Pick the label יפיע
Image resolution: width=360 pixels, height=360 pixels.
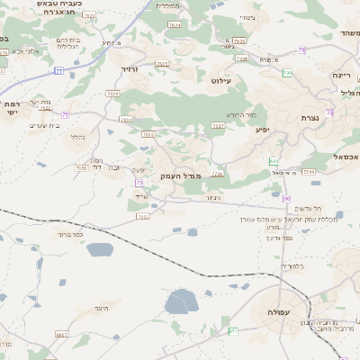[x=262, y=130]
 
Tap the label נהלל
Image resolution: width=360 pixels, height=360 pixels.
[x=77, y=138]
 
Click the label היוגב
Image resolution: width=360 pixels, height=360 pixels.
[x=99, y=308]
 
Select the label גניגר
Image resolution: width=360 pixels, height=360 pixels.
[x=212, y=197]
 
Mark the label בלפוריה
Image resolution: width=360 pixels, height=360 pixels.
[x=292, y=266]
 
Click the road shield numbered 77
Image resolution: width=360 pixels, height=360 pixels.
[x=59, y=69]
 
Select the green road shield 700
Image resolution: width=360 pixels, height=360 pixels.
[x=287, y=72]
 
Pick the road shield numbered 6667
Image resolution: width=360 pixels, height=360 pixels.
[x=62, y=335]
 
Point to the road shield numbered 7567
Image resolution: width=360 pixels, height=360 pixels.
[x=218, y=126]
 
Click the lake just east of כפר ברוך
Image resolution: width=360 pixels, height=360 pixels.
[x=102, y=249]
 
